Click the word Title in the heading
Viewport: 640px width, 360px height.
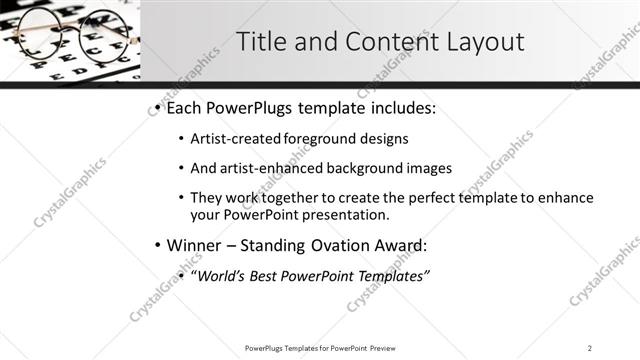point(259,42)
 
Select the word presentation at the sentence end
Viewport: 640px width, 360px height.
point(343,215)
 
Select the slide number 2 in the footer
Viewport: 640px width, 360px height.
point(590,348)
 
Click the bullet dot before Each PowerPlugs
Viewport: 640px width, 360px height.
point(158,108)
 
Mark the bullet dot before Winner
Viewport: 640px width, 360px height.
point(158,245)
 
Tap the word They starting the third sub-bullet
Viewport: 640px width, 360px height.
point(207,198)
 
